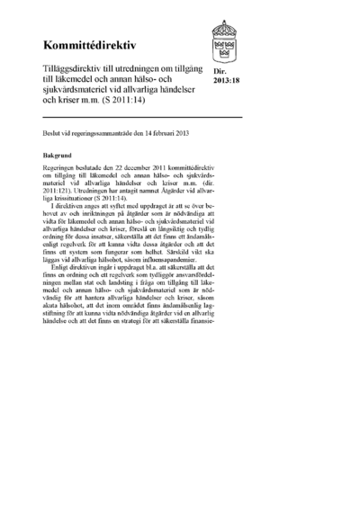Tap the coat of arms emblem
tap(225, 41)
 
